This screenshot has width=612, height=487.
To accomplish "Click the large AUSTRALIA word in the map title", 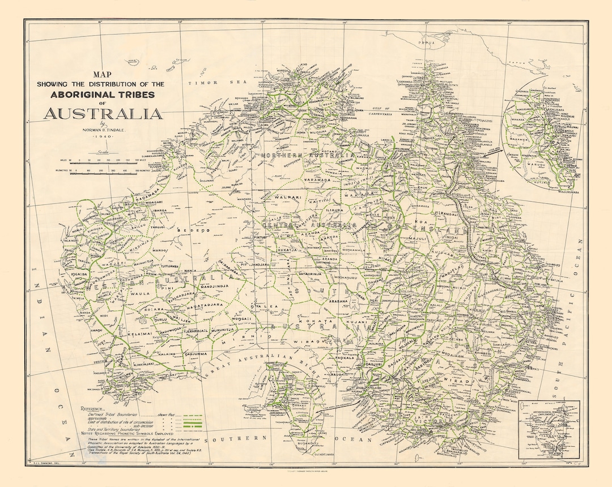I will (x=103, y=113).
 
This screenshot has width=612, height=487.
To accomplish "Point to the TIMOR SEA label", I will (x=211, y=83).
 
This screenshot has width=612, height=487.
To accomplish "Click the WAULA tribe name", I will (x=139, y=293).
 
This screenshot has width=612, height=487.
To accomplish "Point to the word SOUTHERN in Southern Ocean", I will (x=235, y=439).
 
